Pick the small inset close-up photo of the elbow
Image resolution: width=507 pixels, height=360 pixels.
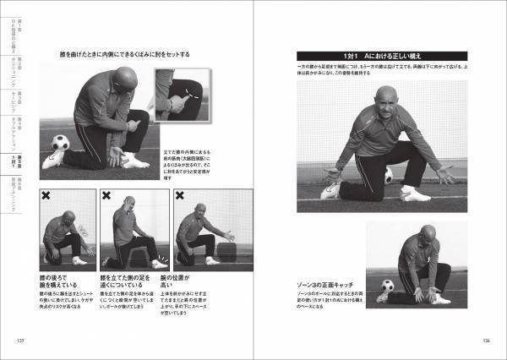tap(180, 97)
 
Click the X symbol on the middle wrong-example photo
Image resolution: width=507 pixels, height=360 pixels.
tap(106, 195)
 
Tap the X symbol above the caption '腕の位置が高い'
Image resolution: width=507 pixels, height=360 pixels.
tap(180, 195)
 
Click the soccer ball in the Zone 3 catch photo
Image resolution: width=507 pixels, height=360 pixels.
tap(388, 286)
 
